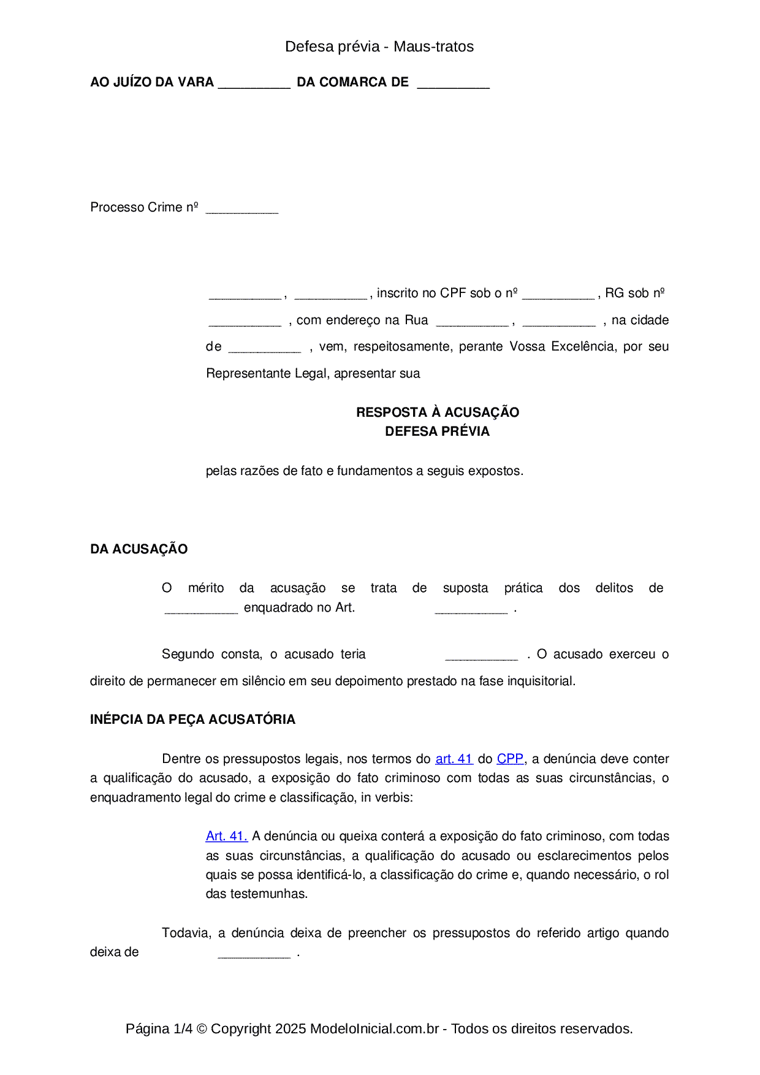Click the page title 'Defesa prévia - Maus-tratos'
click(x=379, y=47)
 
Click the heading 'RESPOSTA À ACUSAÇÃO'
click(x=438, y=412)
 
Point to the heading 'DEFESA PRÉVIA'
click(x=438, y=431)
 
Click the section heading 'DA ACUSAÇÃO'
click(x=139, y=549)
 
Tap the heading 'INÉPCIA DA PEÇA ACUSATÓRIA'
click(x=192, y=720)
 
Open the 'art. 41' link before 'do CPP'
click(x=454, y=759)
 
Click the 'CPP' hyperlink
click(x=510, y=759)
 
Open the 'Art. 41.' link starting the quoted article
click(x=227, y=836)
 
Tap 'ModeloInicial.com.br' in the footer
click(x=374, y=1028)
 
